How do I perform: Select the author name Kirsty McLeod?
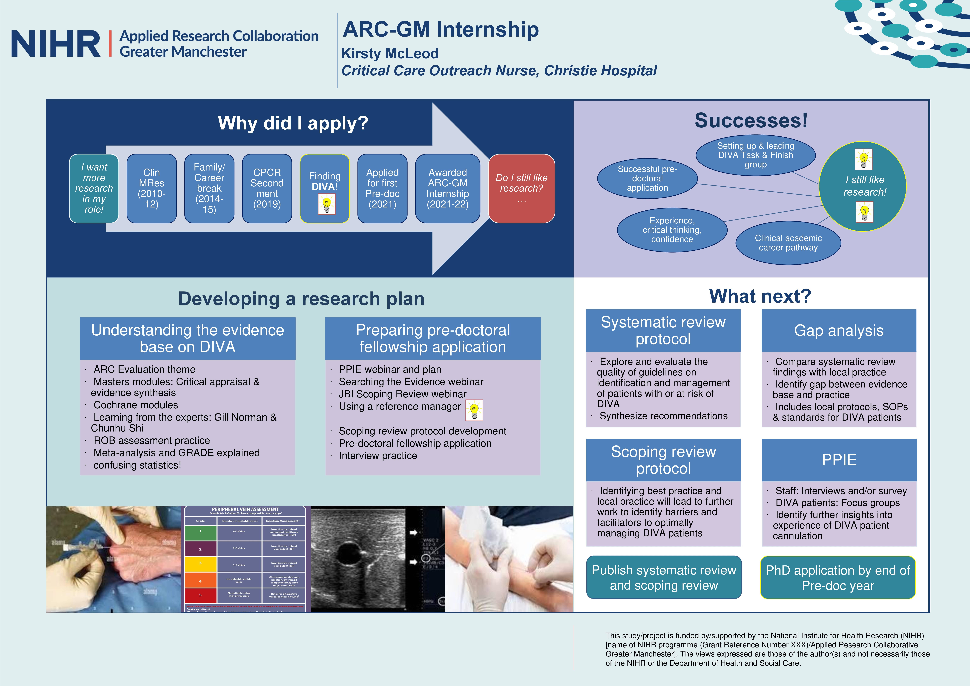tap(390, 54)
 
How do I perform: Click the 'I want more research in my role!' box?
tap(94, 188)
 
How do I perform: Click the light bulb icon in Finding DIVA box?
tap(326, 204)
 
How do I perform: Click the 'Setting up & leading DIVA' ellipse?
tap(755, 155)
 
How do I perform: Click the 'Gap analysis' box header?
tap(839, 330)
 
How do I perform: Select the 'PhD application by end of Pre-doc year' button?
tap(838, 577)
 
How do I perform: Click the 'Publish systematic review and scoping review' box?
tap(664, 577)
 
